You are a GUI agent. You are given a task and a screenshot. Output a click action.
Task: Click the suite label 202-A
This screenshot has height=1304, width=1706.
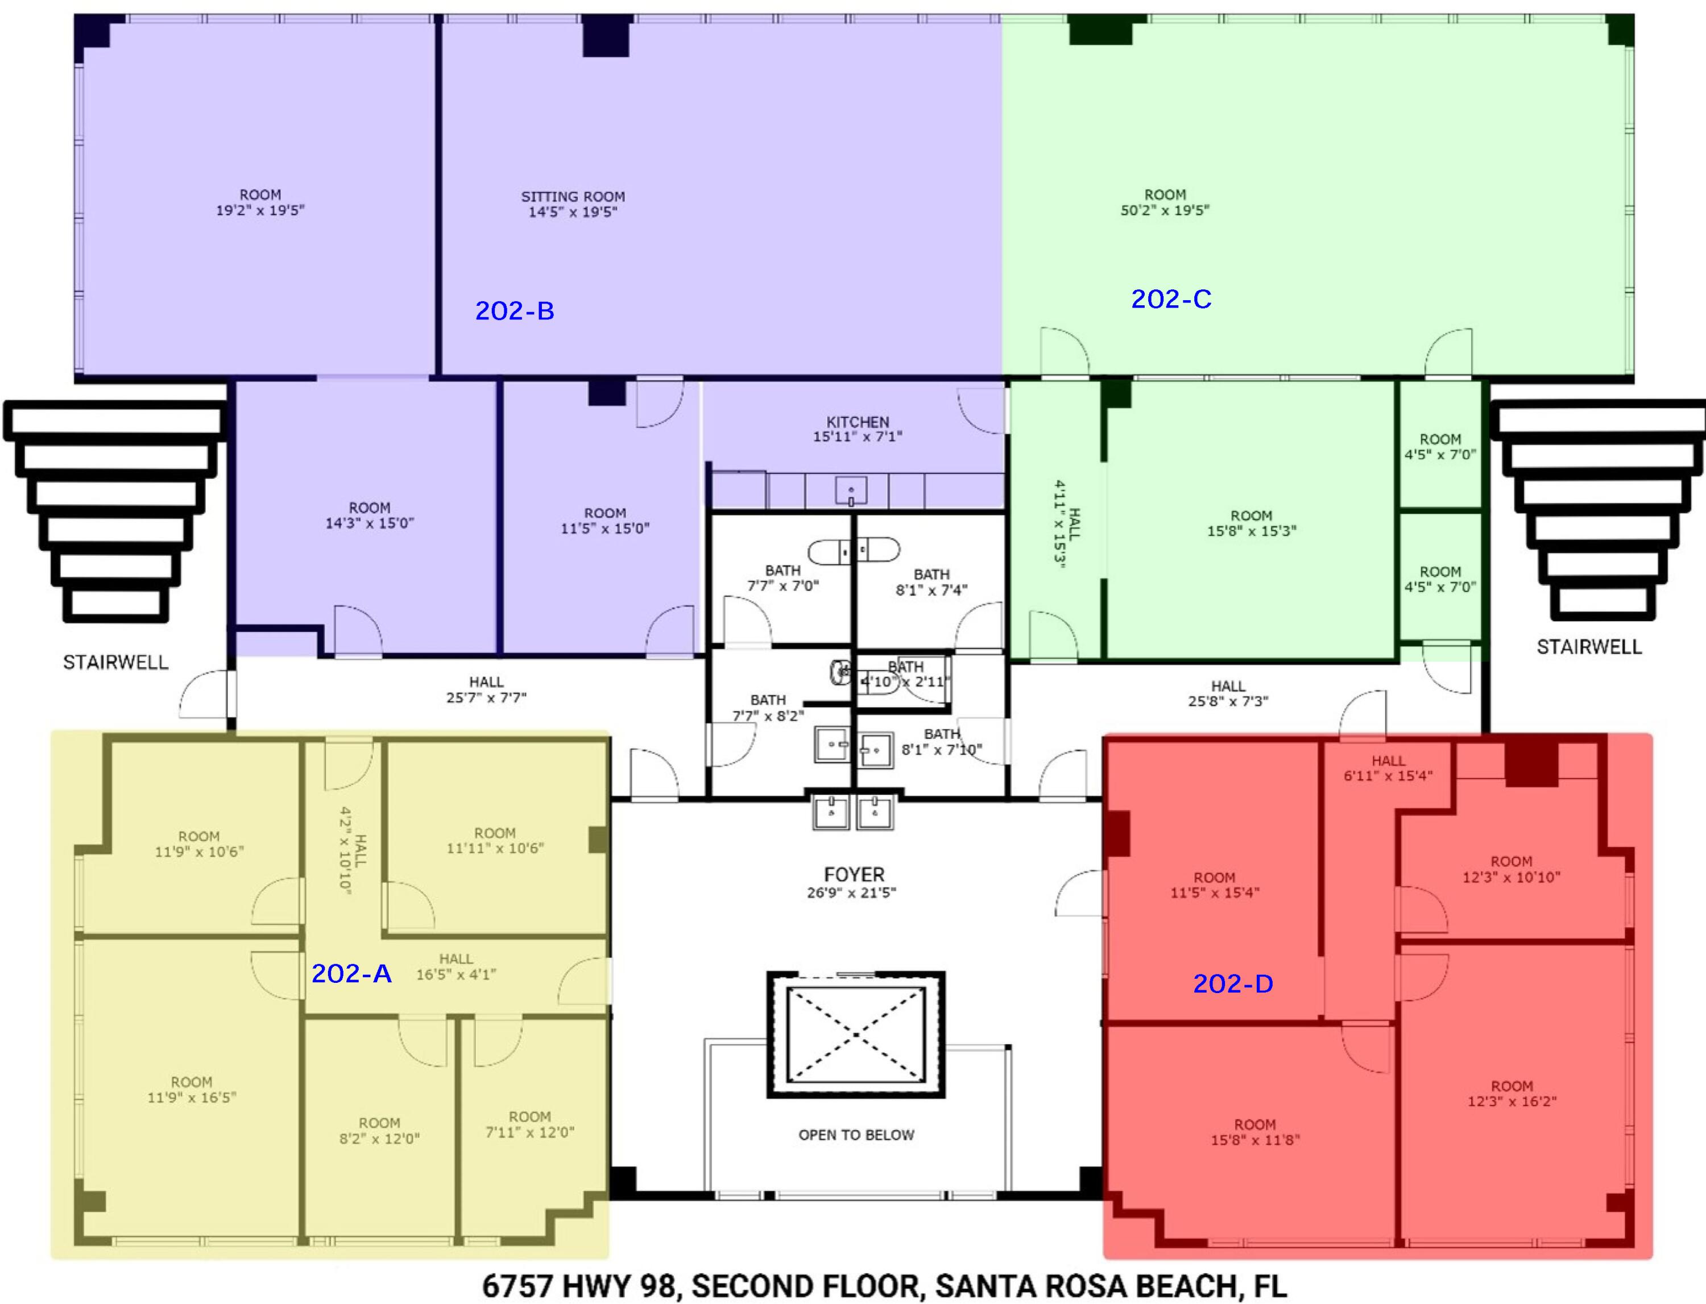pyautogui.click(x=351, y=973)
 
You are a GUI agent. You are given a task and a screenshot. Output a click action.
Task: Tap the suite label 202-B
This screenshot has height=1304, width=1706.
pyautogui.click(x=514, y=310)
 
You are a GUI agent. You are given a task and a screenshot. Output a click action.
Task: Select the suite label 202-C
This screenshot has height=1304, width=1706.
pyautogui.click(x=1170, y=299)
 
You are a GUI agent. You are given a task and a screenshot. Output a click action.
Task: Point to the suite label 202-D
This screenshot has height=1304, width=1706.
pyautogui.click(x=1232, y=983)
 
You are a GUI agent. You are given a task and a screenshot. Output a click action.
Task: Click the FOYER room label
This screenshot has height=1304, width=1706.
pyautogui.click(x=854, y=875)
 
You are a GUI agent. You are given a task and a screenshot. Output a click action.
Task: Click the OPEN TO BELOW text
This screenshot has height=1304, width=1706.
pyautogui.click(x=856, y=1135)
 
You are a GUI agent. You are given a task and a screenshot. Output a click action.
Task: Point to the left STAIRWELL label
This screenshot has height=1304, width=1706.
pyautogui.click(x=115, y=662)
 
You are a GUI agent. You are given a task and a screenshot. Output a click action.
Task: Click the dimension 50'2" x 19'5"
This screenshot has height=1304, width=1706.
pyautogui.click(x=1164, y=210)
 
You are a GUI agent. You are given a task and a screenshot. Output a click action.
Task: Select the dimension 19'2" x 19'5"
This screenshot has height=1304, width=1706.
pyautogui.click(x=260, y=210)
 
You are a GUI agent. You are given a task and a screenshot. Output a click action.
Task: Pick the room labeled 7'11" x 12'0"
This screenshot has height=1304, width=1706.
pyautogui.click(x=529, y=1124)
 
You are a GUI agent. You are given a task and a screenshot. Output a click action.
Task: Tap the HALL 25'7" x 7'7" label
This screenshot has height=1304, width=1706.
pyautogui.click(x=486, y=690)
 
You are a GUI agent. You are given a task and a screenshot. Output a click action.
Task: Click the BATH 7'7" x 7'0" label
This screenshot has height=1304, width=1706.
pyautogui.click(x=782, y=578)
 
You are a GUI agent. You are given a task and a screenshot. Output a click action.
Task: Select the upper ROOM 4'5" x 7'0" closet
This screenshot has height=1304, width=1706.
pyautogui.click(x=1440, y=446)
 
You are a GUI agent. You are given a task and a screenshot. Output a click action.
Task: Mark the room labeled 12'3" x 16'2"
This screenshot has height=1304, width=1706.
pyautogui.click(x=1511, y=1093)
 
